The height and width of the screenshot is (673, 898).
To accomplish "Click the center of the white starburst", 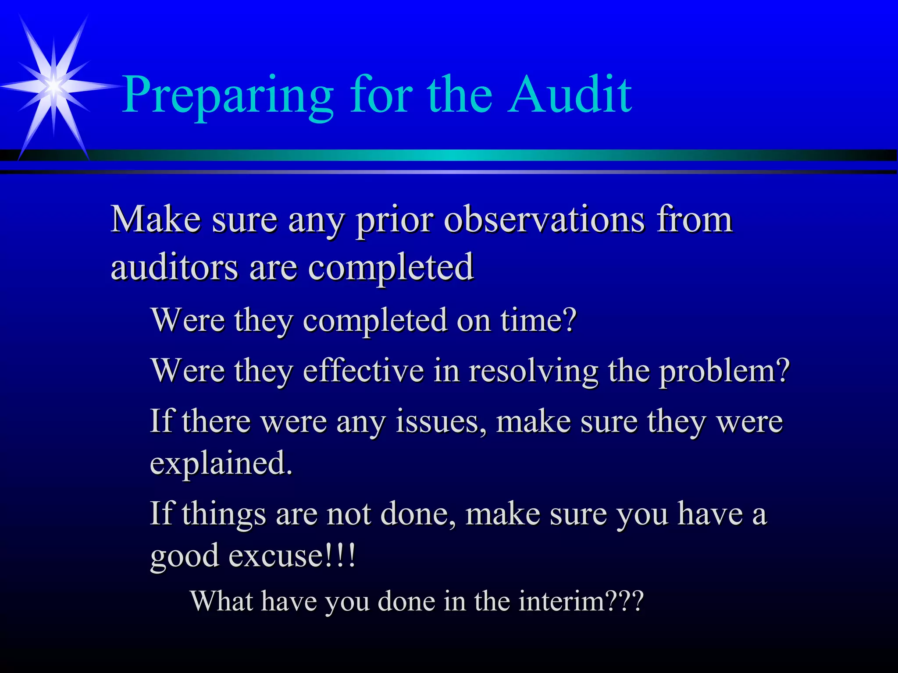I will click(53, 86).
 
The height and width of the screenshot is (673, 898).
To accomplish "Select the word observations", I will click(544, 219).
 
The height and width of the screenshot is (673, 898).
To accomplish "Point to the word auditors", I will click(174, 267).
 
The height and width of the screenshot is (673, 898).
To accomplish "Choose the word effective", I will click(363, 370).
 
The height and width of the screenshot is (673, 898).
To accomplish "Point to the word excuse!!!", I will click(292, 556).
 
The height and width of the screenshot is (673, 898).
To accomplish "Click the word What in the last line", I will click(222, 601).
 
